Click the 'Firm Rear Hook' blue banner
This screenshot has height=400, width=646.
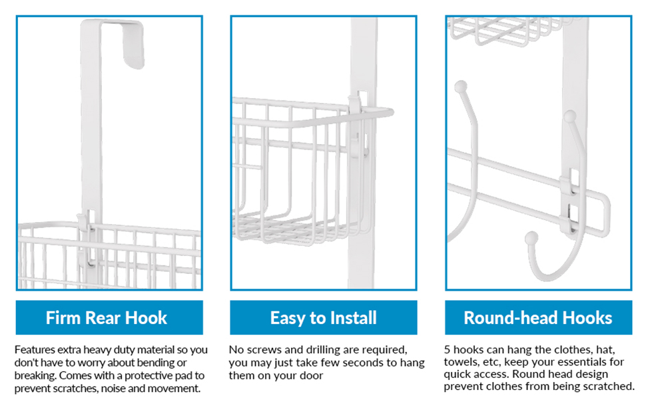click(109, 317)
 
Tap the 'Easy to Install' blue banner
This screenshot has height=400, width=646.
click(324, 317)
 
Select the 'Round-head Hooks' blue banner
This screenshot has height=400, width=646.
click(538, 317)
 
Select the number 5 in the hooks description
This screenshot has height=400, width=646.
click(448, 350)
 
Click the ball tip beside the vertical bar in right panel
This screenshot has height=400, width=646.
click(570, 117)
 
